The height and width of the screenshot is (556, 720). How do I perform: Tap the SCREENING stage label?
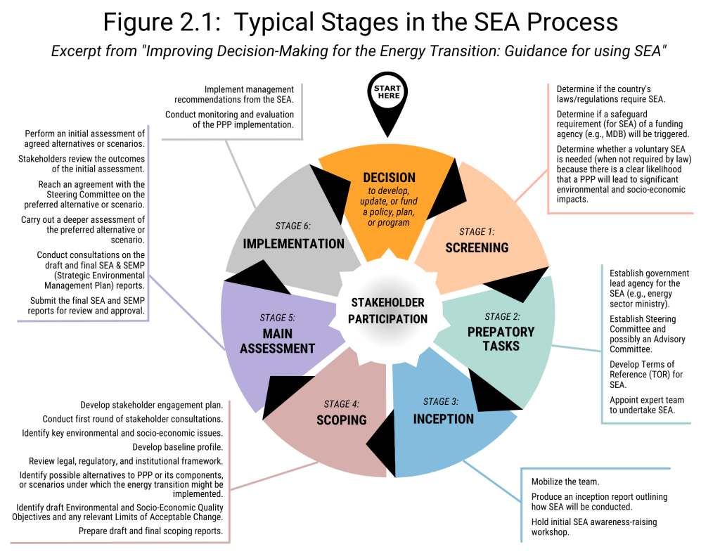point(476,247)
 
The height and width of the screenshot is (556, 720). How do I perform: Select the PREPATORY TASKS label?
point(501,338)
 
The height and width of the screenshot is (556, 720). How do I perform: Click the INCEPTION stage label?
point(443,418)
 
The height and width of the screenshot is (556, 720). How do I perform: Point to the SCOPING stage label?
point(341,420)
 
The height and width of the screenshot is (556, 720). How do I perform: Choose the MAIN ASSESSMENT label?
point(277,340)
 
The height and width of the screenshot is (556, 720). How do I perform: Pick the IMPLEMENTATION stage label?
point(293,244)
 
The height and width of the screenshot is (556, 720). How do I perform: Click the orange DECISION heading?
point(389,177)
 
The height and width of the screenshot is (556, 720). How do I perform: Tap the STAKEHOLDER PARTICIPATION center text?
point(387,311)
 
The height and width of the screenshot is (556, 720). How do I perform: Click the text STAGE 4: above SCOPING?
point(341,404)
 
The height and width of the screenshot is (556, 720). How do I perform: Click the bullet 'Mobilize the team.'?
point(565,481)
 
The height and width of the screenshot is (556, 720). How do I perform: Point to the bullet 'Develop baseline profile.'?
point(178,447)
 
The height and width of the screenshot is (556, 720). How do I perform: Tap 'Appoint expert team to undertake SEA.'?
point(647,405)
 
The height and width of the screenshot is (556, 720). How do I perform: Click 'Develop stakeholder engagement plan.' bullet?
point(152,405)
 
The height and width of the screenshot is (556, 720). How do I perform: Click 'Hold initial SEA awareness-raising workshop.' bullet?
point(593,526)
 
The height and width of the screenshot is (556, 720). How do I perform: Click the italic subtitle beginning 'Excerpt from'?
point(359,52)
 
